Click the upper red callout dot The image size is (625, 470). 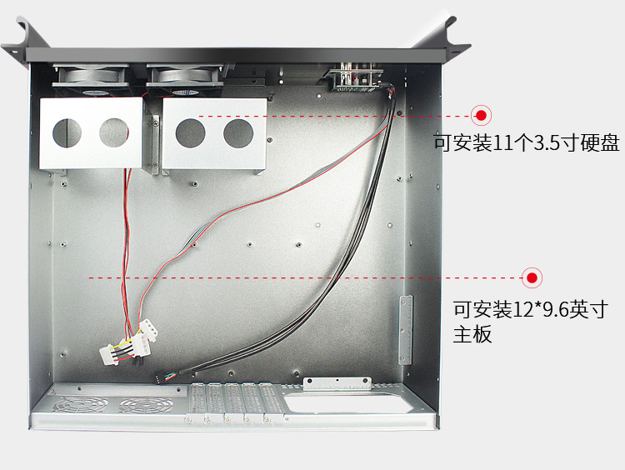point(481,116)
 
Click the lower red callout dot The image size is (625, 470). point(531,277)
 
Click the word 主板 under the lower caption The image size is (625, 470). point(472,335)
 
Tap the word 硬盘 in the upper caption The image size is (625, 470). point(600,142)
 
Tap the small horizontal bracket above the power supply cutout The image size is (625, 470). point(337,382)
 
